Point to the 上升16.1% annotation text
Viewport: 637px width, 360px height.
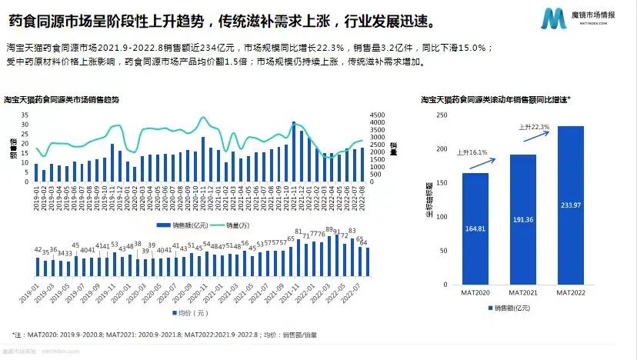click(x=473, y=152)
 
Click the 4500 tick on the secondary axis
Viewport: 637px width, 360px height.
click(x=376, y=115)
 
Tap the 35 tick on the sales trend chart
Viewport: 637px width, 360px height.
click(x=25, y=115)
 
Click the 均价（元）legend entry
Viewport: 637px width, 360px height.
click(x=186, y=314)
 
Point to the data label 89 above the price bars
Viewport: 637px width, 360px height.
click(x=328, y=229)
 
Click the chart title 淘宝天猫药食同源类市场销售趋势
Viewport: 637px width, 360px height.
click(x=61, y=100)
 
